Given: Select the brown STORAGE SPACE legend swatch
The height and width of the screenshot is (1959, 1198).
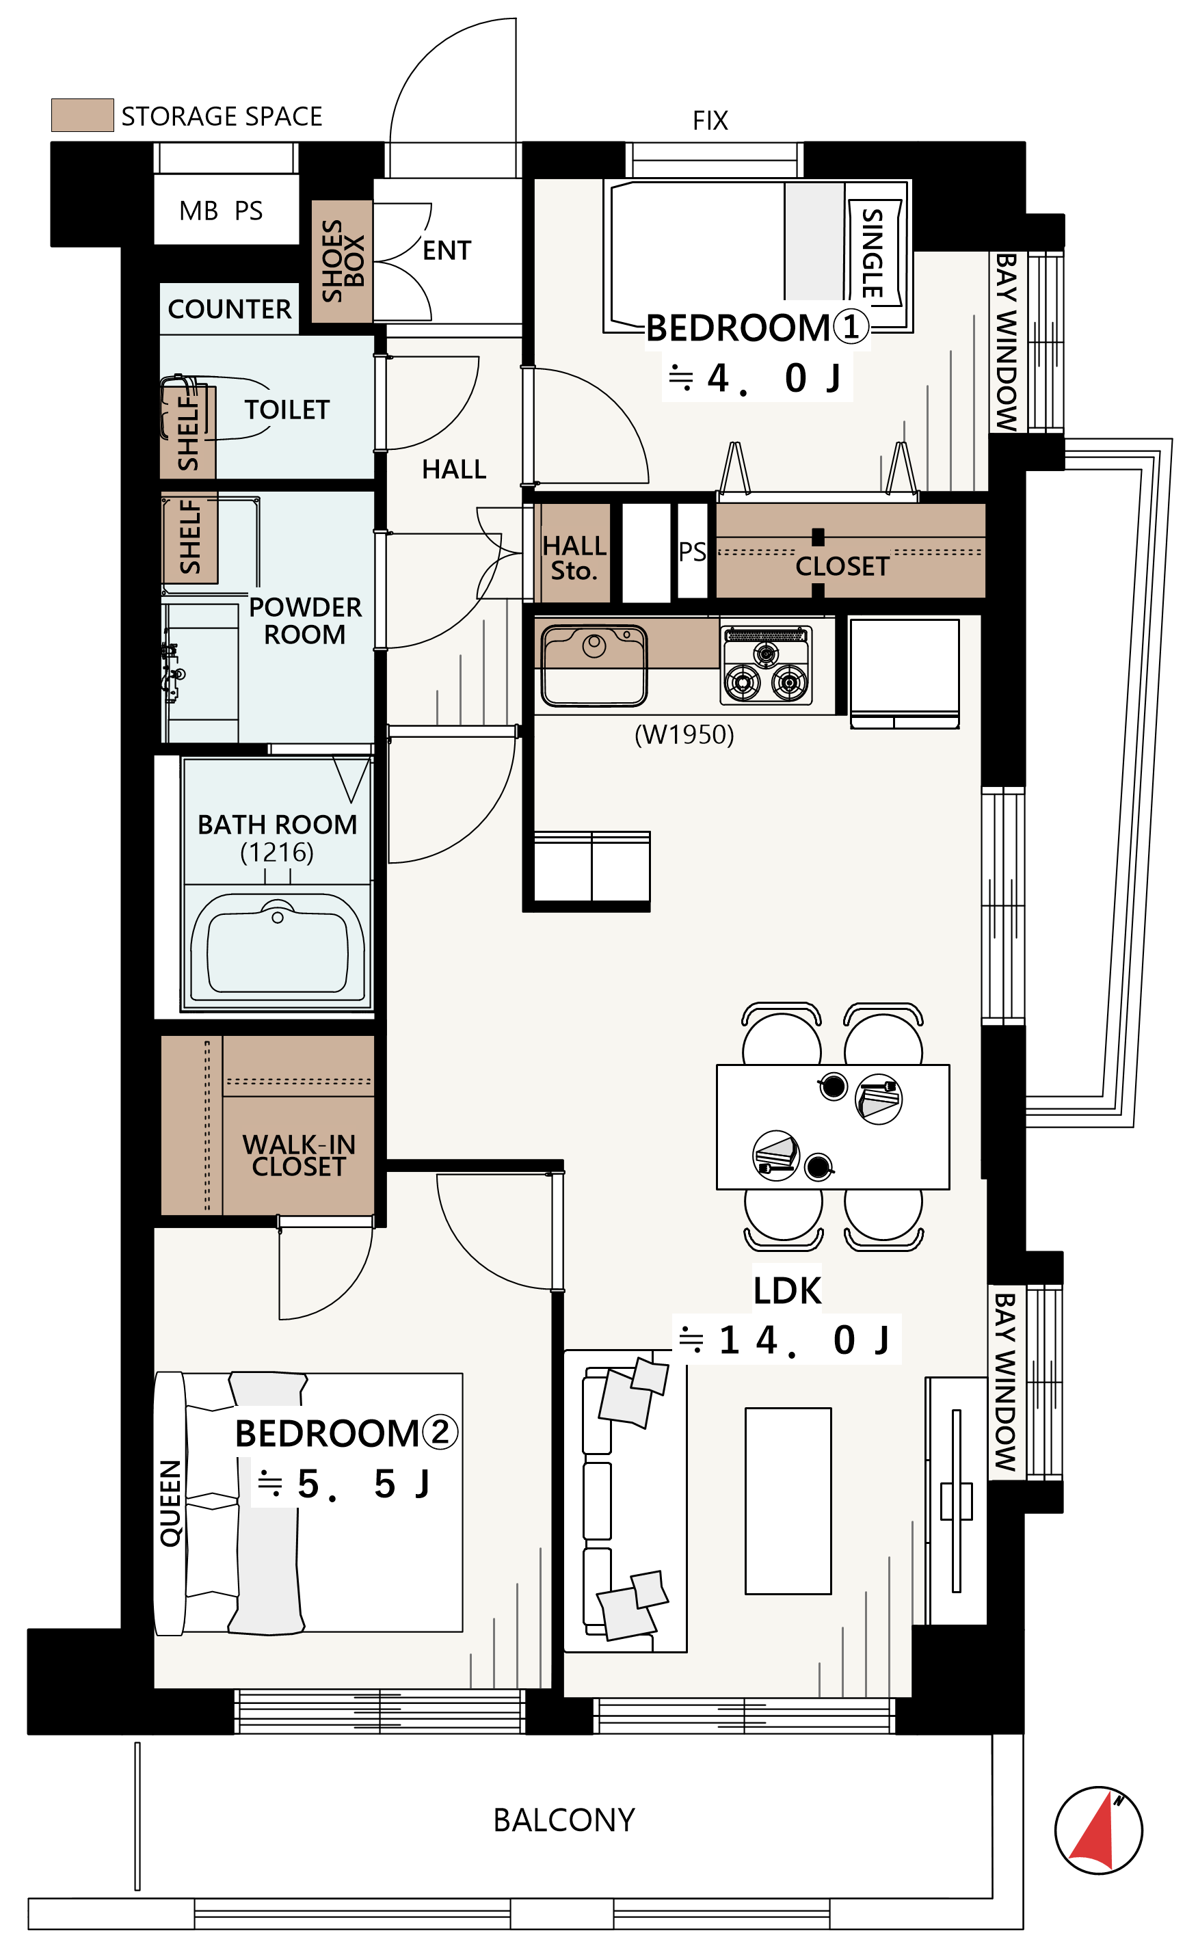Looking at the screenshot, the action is (83, 116).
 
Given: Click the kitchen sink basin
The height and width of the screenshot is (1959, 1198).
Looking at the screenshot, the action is (593, 665).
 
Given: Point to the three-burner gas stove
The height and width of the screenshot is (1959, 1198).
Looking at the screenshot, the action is (767, 666).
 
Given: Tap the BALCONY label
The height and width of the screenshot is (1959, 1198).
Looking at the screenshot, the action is (563, 1821).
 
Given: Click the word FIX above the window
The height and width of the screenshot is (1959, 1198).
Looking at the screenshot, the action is (710, 121).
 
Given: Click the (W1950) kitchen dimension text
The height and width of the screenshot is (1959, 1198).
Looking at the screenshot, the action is (684, 734).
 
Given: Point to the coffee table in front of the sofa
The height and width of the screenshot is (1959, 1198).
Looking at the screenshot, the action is (788, 1501).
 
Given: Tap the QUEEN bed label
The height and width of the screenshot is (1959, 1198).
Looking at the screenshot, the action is (171, 1504).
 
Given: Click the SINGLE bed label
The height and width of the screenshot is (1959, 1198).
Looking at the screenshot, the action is (873, 253).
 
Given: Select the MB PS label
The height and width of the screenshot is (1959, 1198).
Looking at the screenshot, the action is (221, 211).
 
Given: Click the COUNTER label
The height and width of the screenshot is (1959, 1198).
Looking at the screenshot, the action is (230, 309).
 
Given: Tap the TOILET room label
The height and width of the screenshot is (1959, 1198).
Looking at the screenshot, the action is (287, 410).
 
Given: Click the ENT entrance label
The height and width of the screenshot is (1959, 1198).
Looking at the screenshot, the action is (447, 251).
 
